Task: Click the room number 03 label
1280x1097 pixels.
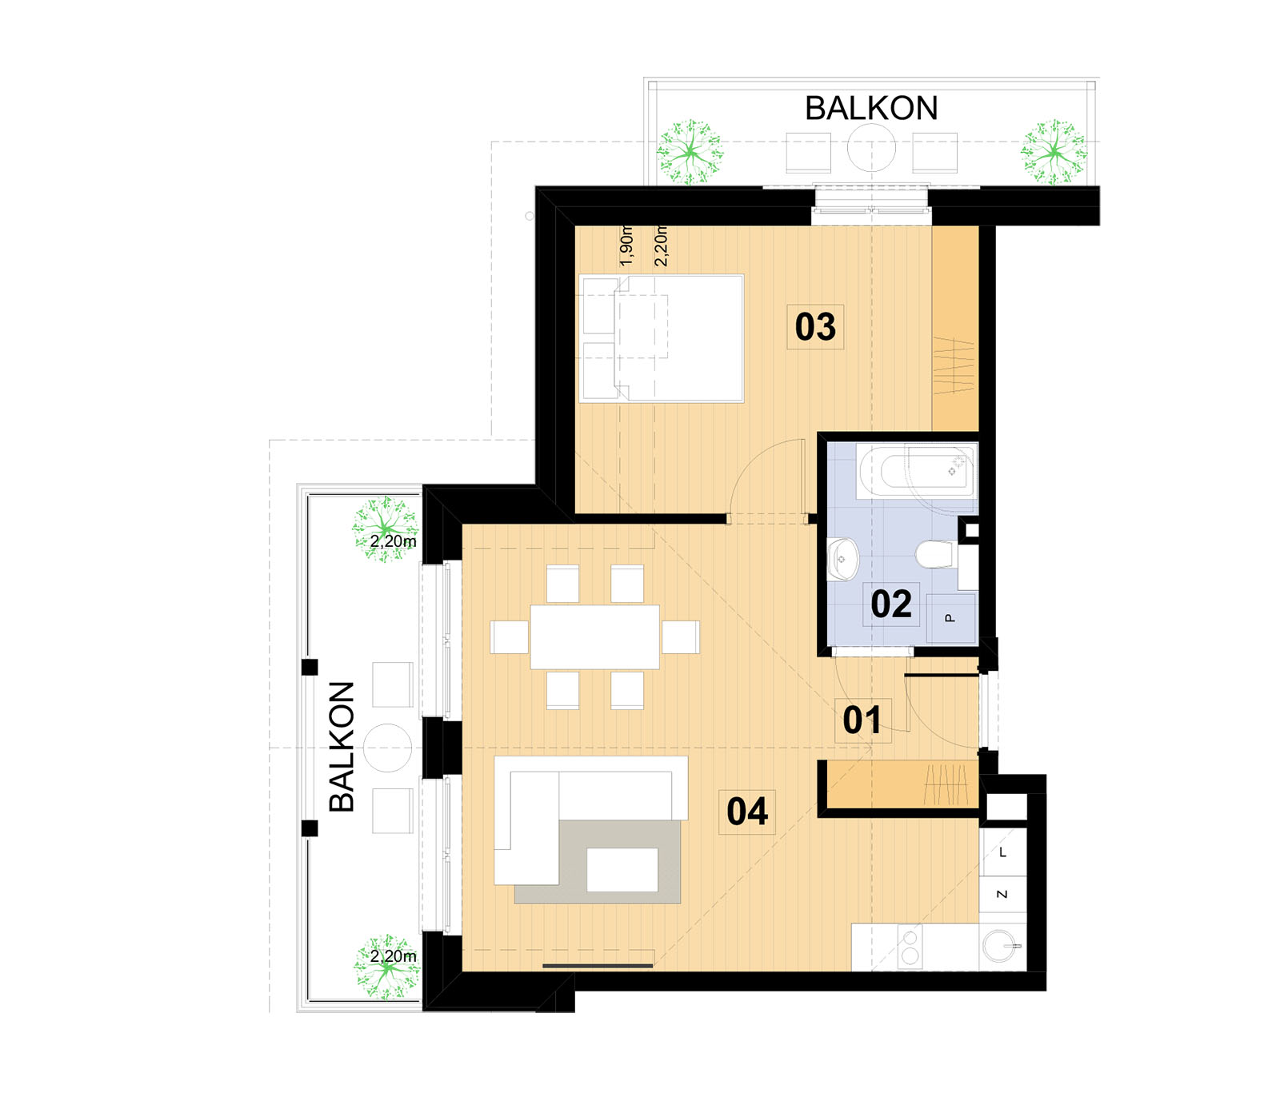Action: [815, 326]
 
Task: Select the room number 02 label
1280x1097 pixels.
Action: [891, 604]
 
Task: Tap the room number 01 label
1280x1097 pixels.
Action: [862, 720]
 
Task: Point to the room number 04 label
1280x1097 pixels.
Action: [747, 811]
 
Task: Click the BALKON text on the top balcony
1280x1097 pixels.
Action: [871, 108]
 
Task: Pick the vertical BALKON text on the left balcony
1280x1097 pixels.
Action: [342, 747]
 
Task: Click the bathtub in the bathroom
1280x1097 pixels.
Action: [916, 472]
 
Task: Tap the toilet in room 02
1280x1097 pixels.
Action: [935, 554]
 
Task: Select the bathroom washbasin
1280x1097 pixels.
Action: [842, 557]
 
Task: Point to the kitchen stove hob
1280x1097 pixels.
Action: [910, 947]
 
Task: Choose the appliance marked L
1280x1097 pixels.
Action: [1002, 852]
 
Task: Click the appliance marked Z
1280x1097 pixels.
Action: [1002, 895]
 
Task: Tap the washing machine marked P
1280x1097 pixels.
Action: [951, 617]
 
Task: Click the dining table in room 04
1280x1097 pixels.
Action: [594, 637]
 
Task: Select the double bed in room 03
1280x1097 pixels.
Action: [662, 338]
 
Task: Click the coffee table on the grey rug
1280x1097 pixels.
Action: [622, 870]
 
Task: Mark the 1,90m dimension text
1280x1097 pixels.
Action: [626, 246]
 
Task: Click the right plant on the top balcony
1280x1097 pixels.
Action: [1054, 151]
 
